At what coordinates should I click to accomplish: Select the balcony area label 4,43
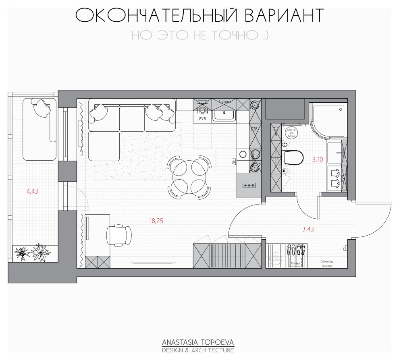32,192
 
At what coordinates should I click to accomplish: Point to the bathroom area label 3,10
317,159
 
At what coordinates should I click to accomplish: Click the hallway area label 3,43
308,229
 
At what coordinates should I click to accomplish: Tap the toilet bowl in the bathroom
293,158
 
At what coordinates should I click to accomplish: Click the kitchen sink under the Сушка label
225,115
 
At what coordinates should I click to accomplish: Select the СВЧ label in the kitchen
255,129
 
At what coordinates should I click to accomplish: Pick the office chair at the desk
119,235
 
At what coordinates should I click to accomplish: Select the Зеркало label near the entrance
326,266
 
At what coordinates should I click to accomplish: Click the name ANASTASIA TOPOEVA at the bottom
198,342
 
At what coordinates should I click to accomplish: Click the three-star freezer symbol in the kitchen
248,186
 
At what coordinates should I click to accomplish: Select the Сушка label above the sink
225,102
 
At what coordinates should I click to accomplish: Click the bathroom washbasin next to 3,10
336,153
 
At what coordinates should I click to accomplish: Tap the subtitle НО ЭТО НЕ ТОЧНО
200,35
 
